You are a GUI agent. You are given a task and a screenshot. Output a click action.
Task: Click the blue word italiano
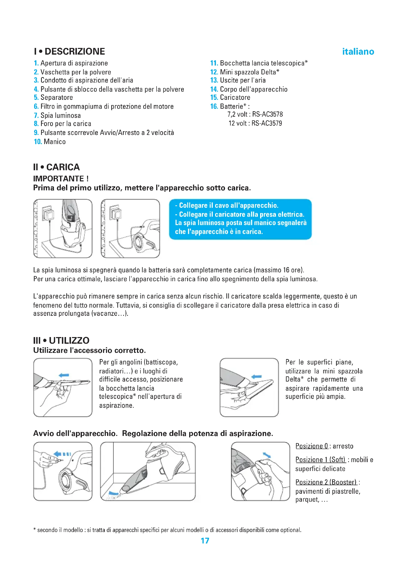(358, 52)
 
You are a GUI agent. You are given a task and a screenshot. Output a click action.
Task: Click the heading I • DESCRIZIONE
(69, 52)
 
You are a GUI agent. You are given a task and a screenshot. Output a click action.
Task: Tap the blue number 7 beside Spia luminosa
(36, 116)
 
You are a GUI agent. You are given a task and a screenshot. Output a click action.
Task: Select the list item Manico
(55, 142)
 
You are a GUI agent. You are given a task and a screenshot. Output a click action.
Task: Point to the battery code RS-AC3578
(268, 115)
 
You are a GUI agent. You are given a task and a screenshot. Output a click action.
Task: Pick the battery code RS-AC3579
(267, 123)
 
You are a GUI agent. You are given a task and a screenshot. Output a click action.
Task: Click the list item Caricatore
(235, 97)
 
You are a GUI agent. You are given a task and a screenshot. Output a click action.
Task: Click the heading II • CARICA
(56, 167)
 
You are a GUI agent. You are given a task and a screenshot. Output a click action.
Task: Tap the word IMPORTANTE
(58, 179)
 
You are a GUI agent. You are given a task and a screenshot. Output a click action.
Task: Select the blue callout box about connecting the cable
(240, 219)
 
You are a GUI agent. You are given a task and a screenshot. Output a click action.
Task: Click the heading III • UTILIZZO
(61, 341)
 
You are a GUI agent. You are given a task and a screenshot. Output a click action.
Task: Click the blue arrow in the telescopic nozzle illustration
(64, 375)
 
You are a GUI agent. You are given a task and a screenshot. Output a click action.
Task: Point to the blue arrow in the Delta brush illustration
(257, 377)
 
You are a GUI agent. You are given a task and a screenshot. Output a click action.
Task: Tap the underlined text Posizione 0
(312, 446)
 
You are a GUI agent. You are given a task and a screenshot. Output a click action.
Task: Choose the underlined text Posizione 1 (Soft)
(320, 460)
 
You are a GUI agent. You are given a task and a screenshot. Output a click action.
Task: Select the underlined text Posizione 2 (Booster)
(326, 482)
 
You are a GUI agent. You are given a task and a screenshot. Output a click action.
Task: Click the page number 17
(205, 541)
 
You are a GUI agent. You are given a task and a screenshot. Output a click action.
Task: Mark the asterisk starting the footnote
(35, 530)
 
